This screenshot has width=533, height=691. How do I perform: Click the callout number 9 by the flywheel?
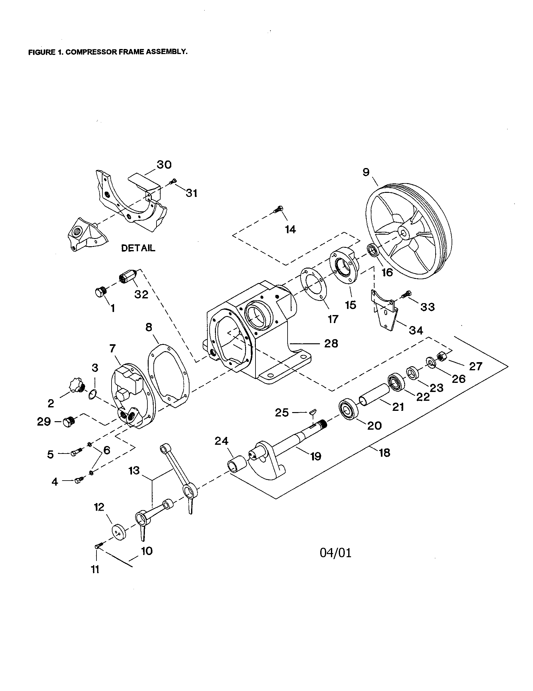pyautogui.click(x=366, y=172)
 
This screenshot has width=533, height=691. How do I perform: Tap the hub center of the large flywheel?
pyautogui.click(x=405, y=233)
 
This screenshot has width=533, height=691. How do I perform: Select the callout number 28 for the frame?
pyautogui.click(x=331, y=343)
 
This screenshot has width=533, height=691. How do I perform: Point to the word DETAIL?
pyautogui.click(x=138, y=248)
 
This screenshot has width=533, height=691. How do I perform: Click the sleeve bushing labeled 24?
pyautogui.click(x=237, y=464)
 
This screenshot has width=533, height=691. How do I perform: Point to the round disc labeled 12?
pyautogui.click(x=118, y=531)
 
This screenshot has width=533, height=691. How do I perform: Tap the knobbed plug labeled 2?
pyautogui.click(x=76, y=386)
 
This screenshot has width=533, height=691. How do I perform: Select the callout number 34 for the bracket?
pyautogui.click(x=416, y=330)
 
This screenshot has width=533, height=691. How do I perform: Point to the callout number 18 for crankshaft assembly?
pyautogui.click(x=385, y=453)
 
